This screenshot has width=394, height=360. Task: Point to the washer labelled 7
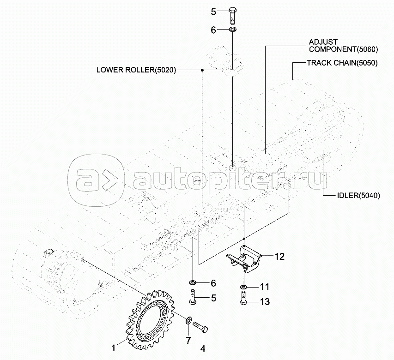189,320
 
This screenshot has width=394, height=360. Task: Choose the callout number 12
280,257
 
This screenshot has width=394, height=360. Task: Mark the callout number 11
264,287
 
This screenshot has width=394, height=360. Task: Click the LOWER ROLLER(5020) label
136,70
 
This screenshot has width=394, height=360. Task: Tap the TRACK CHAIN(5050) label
342,63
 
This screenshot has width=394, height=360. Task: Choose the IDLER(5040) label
358,196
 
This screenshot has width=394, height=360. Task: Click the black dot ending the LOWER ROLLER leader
202,70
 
